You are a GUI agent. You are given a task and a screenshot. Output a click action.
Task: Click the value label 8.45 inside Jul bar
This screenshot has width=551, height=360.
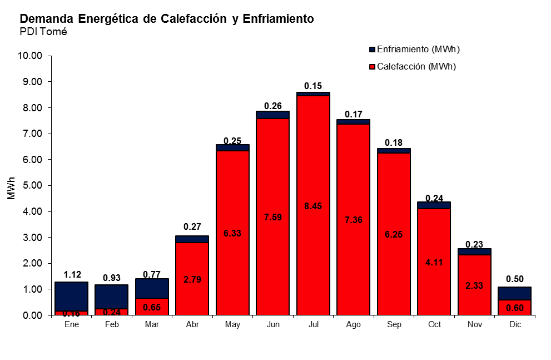click(313, 206)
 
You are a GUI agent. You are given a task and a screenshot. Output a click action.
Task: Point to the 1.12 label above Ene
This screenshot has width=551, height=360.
click(72, 274)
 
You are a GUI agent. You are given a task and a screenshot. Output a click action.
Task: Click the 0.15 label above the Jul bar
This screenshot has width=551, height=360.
click(313, 86)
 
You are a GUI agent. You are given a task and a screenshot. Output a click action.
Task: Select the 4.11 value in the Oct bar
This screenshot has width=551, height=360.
click(434, 262)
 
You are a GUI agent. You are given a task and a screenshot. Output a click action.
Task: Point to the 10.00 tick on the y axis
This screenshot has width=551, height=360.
click(30, 56)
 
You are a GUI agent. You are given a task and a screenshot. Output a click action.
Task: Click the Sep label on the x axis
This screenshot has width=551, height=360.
click(394, 324)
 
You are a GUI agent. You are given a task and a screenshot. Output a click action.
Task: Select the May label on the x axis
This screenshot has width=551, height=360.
click(232, 324)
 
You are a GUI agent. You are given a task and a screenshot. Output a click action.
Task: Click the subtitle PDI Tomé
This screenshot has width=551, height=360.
click(43, 31)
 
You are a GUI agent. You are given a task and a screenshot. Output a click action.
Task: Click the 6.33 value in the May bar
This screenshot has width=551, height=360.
click(232, 234)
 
